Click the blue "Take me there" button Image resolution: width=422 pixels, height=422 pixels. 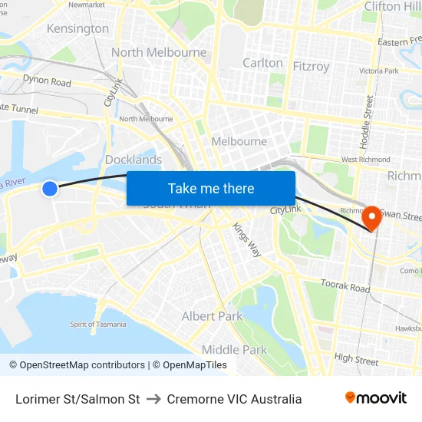211,188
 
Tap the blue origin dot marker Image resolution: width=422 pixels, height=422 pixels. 49,188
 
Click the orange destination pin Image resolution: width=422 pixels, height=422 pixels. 372,217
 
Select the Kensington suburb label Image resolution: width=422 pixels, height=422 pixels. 78,28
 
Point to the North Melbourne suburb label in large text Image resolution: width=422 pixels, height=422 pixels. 159,52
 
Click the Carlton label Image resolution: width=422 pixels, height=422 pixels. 262,63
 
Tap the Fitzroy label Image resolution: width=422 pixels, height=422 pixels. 311,66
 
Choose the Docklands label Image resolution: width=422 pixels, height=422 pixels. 134,160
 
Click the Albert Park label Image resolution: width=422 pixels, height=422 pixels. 212,316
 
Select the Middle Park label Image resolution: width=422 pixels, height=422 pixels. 234,350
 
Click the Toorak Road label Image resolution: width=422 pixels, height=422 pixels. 345,287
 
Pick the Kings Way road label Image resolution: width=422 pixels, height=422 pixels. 248,240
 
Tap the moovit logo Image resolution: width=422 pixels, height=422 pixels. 375,398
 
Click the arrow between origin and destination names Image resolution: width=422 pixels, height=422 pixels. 153,399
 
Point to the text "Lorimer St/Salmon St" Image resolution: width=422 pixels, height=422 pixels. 77,399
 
